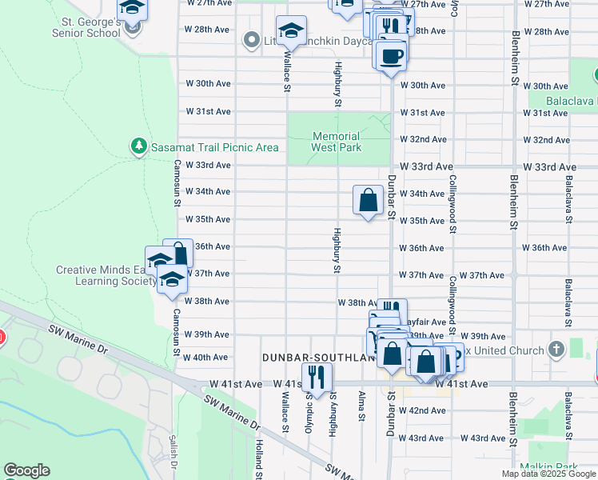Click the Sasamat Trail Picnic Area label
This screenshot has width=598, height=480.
[x=214, y=147]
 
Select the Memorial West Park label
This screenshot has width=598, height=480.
[x=337, y=142]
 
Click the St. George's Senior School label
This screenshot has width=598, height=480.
[x=86, y=27]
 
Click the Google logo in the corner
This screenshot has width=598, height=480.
[x=26, y=470]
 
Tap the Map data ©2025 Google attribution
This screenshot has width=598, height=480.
[x=548, y=474]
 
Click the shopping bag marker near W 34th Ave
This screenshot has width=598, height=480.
[x=368, y=200]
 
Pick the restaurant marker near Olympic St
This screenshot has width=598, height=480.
[x=317, y=377]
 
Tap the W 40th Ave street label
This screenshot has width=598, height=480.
[x=208, y=358]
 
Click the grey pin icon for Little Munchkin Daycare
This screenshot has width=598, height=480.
[x=251, y=39]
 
